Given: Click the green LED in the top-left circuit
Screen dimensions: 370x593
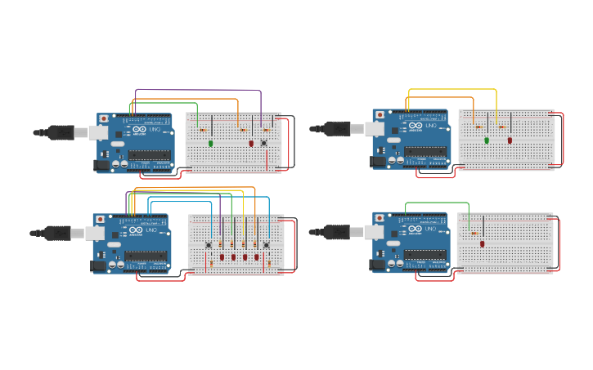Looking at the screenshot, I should pyautogui.click(x=211, y=143).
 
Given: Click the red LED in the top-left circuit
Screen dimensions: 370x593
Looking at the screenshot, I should pyautogui.click(x=251, y=143).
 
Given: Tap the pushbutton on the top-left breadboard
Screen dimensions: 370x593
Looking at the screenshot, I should pyautogui.click(x=263, y=143).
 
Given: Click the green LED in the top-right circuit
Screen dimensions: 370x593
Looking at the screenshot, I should pyautogui.click(x=487, y=140).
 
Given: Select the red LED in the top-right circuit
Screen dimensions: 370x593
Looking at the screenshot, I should pyautogui.click(x=510, y=140).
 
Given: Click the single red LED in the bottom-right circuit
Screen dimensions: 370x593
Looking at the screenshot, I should pyautogui.click(x=483, y=243).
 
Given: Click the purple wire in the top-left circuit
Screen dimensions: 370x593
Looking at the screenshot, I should pyautogui.click(x=196, y=90).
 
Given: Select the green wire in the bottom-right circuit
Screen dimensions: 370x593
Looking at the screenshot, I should pyautogui.click(x=437, y=203).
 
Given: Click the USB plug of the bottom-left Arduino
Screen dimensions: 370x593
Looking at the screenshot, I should pyautogui.click(x=58, y=233).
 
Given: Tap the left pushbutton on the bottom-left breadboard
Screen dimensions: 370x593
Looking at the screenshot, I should pyautogui.click(x=209, y=244).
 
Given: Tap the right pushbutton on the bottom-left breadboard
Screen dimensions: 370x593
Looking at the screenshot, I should pyautogui.click(x=267, y=244).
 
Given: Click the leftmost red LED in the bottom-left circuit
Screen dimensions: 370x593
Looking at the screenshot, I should pyautogui.click(x=222, y=257).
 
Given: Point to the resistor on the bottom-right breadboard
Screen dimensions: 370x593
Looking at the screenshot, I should pyautogui.click(x=474, y=234).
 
